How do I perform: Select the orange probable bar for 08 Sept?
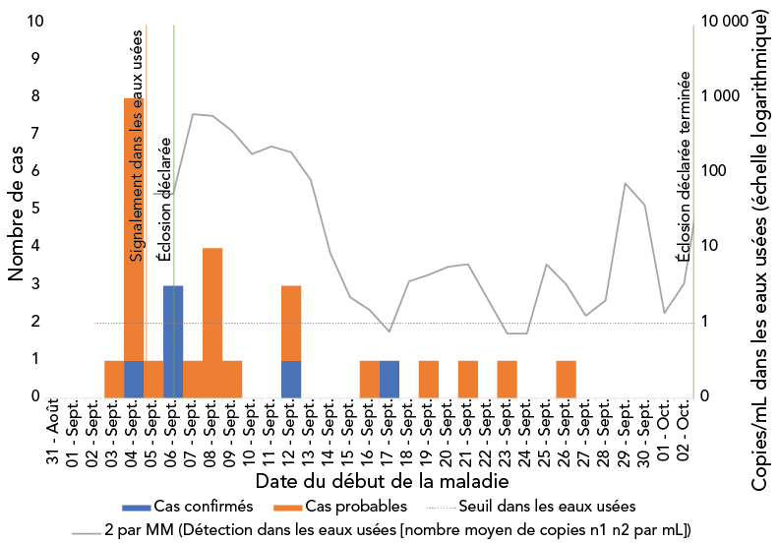coord(212,322)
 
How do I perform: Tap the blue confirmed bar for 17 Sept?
coord(389,378)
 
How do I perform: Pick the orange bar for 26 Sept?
coord(567,378)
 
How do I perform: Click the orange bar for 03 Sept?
coord(114,378)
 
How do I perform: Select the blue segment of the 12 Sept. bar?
coord(291,378)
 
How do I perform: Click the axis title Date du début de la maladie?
coord(382,482)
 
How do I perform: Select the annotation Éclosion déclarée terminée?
coord(683,163)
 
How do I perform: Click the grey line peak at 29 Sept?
coord(626,184)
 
